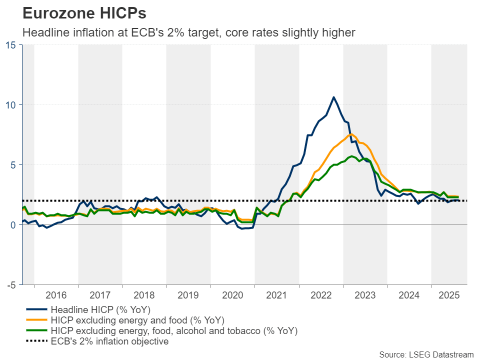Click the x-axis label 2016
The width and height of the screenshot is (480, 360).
click(56, 295)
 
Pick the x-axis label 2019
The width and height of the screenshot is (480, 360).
click(188, 295)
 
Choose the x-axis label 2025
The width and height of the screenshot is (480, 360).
click(449, 295)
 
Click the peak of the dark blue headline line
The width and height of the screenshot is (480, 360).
click(333, 97)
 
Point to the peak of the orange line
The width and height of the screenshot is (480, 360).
click(351, 134)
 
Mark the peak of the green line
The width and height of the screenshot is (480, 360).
click(352, 156)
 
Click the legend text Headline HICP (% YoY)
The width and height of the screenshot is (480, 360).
click(100, 309)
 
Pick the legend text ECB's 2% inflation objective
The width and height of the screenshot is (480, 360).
click(109, 342)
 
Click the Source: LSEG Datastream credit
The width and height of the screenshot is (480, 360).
click(426, 354)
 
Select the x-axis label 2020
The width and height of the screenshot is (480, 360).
click(232, 295)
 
